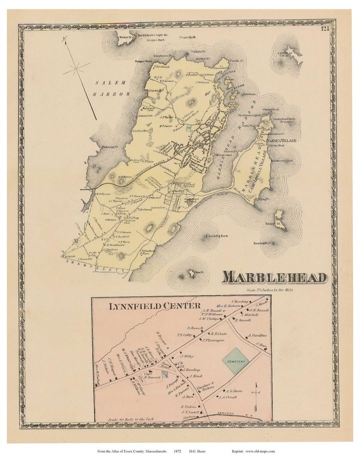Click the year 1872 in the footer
click(177, 452)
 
